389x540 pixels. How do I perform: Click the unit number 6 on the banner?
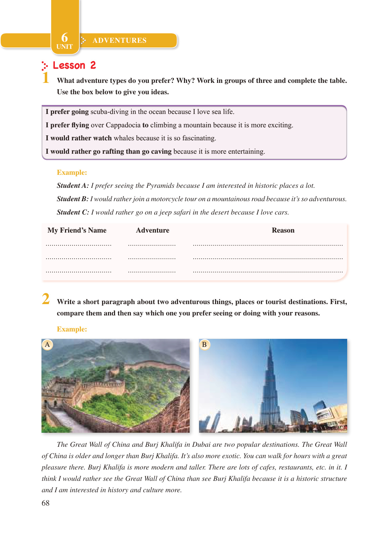65,37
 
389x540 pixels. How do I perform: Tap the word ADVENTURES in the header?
119,40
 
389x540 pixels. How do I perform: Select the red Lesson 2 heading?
74,65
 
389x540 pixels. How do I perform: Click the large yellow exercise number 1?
46,78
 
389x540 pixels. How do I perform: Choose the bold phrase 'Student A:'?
73,185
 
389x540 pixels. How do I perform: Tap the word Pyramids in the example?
160,185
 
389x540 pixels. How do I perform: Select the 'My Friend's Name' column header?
77,230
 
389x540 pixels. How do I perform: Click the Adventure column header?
153,230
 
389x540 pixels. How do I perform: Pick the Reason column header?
283,230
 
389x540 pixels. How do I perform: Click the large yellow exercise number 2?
46,299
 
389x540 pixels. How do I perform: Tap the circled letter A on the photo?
47,345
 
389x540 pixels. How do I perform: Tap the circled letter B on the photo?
204,345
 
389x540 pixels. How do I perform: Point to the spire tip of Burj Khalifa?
270,342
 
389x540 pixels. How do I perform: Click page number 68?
45,503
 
